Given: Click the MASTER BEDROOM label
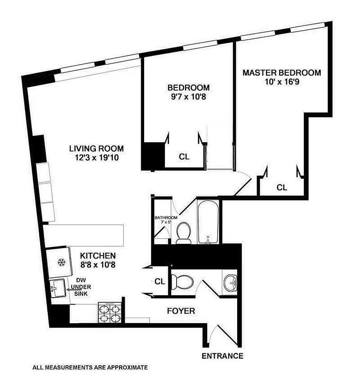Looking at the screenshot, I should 282,73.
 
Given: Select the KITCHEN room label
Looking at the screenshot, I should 97,255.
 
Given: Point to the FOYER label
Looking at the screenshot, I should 181,311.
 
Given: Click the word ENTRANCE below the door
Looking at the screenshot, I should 222,356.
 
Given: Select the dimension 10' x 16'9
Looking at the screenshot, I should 282,82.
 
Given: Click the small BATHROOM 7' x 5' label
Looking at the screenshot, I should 166,220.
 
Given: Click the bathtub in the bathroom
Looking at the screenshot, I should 208,222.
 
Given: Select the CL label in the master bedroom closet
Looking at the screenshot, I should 282,188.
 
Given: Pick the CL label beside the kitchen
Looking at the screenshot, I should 159,282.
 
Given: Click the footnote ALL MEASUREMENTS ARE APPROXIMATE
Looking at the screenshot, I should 90,367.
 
